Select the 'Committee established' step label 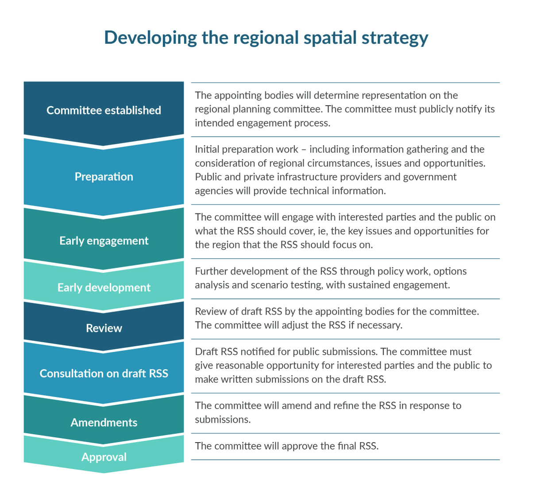[104, 110]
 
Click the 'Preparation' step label [104, 176]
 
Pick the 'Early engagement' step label [104, 241]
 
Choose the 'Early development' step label [104, 287]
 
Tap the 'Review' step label [104, 328]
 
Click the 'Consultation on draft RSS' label [104, 373]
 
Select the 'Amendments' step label [104, 422]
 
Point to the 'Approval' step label [104, 457]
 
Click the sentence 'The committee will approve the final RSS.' [286, 446]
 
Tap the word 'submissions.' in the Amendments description [223, 419]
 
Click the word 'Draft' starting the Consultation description [206, 351]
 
